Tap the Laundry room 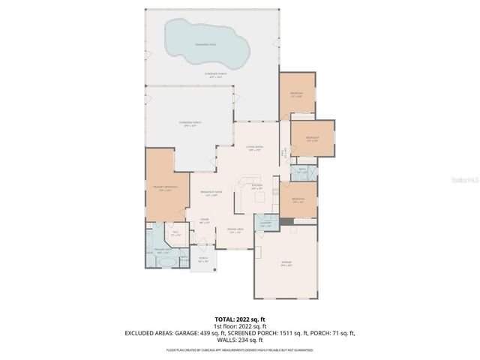pyautogui.click(x=265, y=223)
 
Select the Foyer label pyautogui.click(x=204, y=220)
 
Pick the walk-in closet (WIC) pyautogui.click(x=175, y=233)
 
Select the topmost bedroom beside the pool pyautogui.click(x=296, y=94)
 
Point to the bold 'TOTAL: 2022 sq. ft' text pyautogui.click(x=239, y=319)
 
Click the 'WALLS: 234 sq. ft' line pyautogui.click(x=239, y=340)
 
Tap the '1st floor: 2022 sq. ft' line pyautogui.click(x=239, y=326)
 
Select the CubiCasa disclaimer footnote pyautogui.click(x=239, y=349)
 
